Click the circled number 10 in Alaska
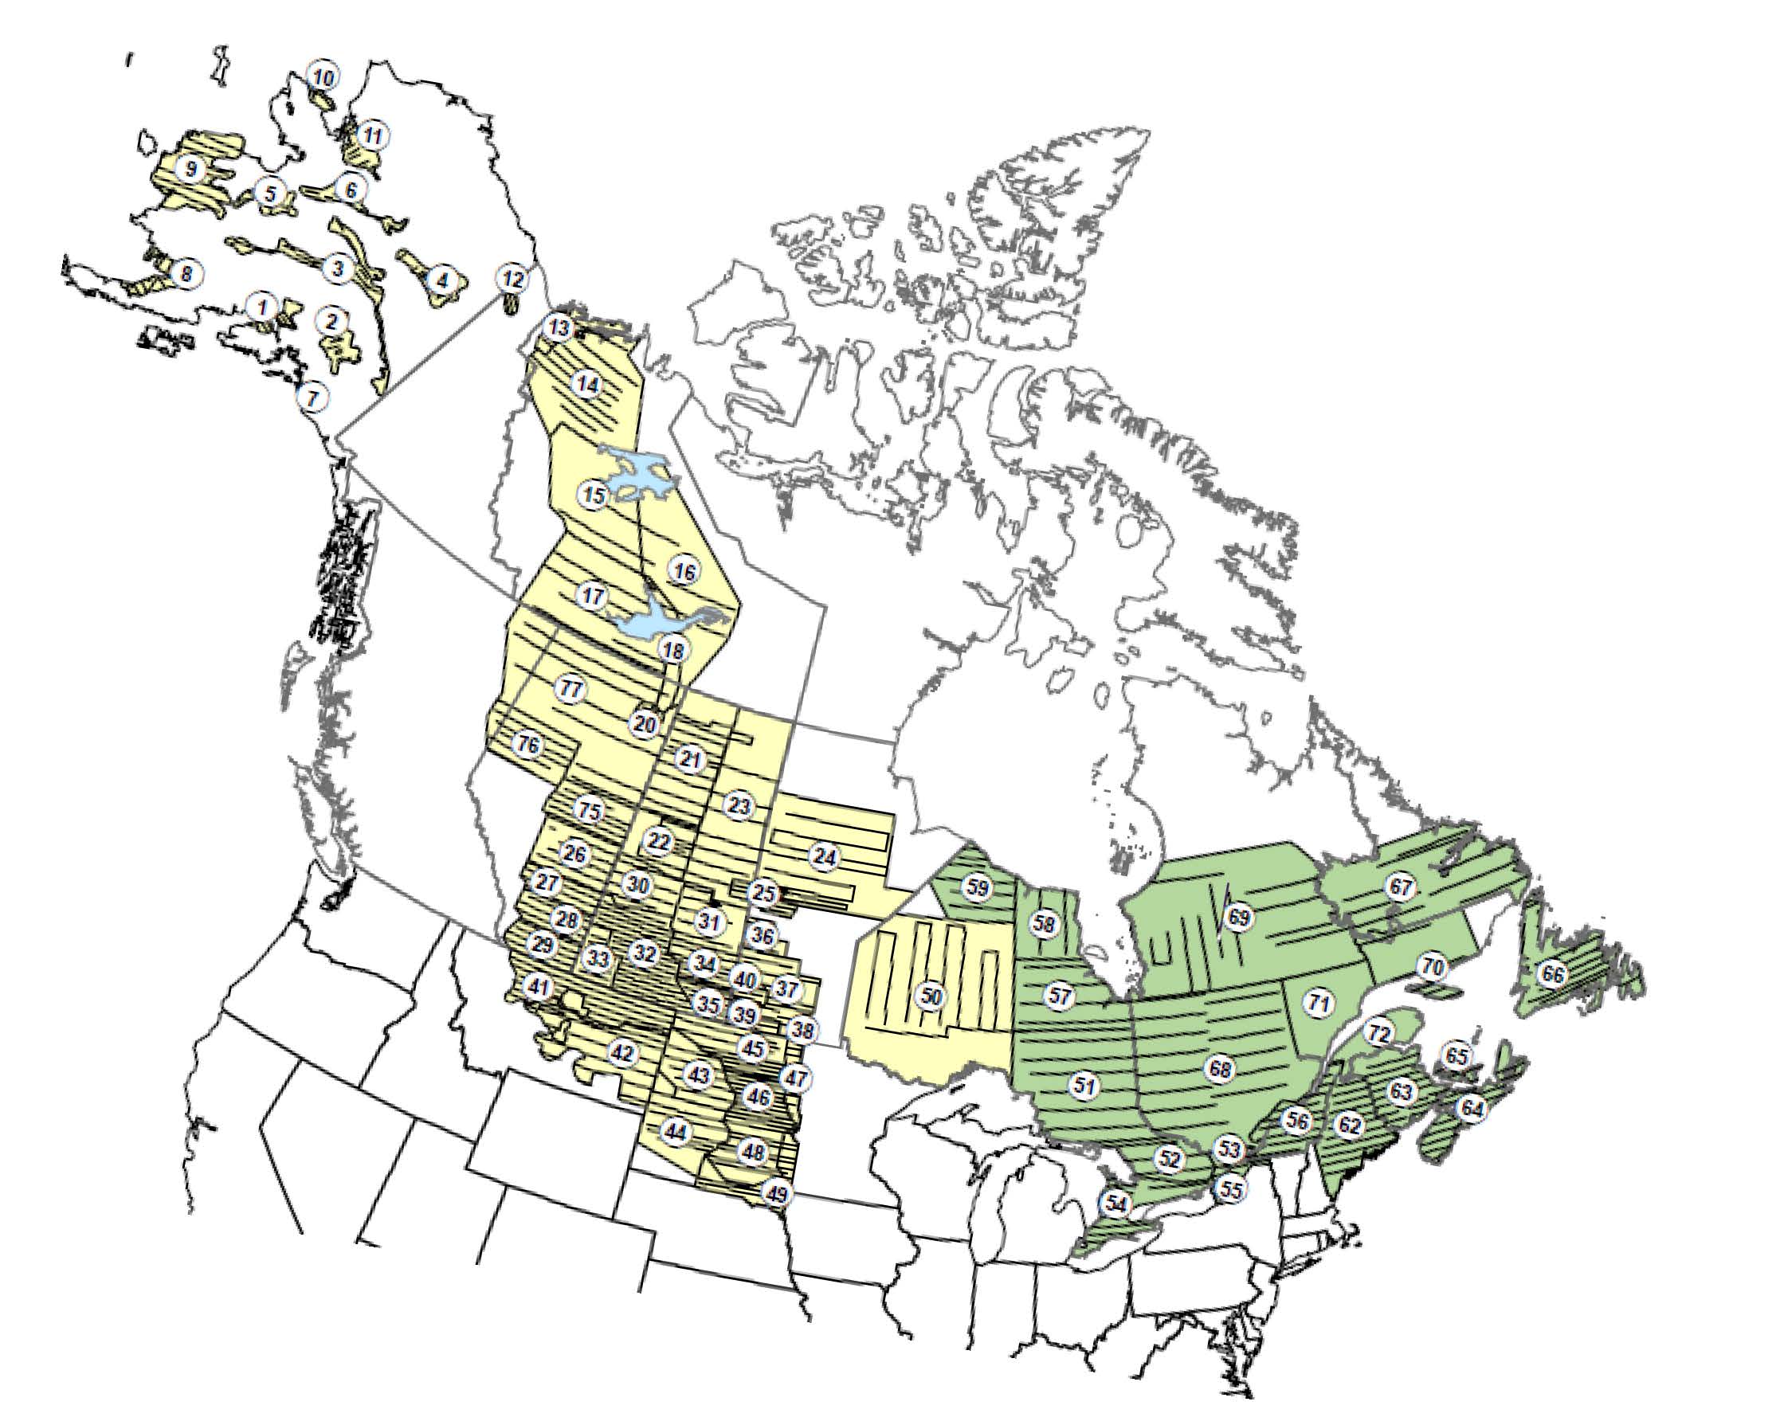pos(323,78)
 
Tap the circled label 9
pos(191,169)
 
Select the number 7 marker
pos(312,398)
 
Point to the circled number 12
pos(512,280)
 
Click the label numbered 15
pos(594,495)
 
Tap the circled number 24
pos(824,856)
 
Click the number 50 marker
pos(931,996)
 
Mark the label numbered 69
pos(1238,917)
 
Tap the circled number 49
pos(775,1193)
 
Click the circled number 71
pos(1319,1004)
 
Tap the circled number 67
pos(1401,887)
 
